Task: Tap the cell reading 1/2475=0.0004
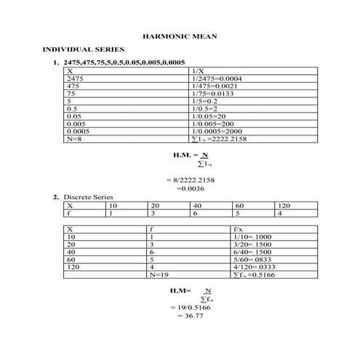[x=217, y=79]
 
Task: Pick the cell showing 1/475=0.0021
[x=215, y=86]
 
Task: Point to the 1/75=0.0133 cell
[x=214, y=94]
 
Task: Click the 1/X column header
[x=197, y=71]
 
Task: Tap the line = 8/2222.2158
[x=191, y=179]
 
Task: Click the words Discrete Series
[x=88, y=197]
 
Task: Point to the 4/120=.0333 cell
[x=252, y=268]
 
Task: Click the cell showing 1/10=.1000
[x=250, y=236]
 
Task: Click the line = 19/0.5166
[x=186, y=308]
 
